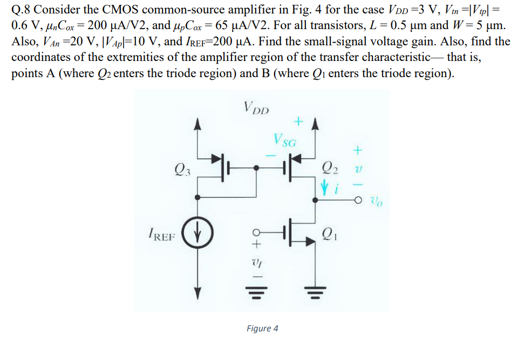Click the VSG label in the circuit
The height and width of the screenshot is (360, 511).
(x=285, y=142)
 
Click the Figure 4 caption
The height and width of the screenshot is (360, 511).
(x=262, y=328)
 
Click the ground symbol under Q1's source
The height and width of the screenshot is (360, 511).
(x=316, y=295)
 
